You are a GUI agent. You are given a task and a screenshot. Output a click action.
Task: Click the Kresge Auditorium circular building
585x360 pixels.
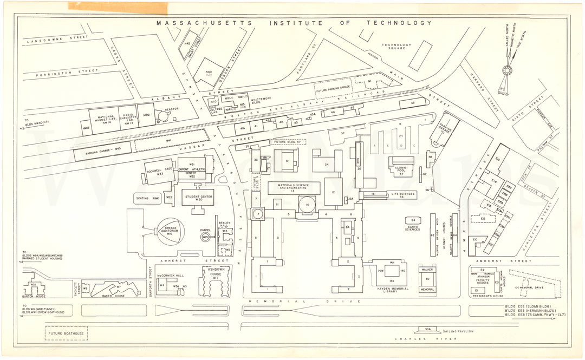169,232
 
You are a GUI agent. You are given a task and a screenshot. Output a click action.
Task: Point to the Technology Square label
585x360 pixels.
396,48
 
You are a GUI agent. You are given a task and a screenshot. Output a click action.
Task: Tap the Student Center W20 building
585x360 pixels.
198,197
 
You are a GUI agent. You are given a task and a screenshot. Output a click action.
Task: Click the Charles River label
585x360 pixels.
426,339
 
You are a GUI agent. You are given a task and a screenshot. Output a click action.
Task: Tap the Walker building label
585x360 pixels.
427,269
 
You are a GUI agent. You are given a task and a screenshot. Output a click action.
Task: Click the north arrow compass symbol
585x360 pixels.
507,69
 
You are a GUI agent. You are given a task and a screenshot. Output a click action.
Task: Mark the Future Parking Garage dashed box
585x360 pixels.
333,87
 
